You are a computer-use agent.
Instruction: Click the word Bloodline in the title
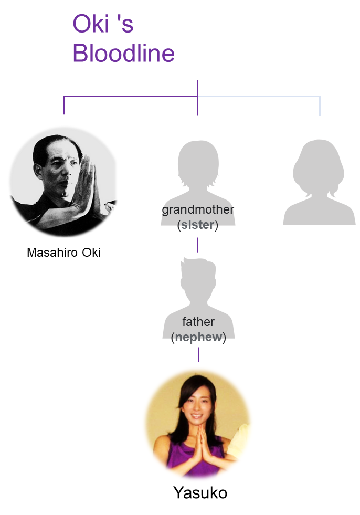[x=123, y=53]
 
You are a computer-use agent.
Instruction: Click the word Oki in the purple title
[x=91, y=24]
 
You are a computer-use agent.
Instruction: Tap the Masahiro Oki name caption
[x=63, y=253]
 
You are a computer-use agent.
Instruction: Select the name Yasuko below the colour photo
[x=200, y=492]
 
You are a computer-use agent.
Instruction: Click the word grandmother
[x=198, y=209]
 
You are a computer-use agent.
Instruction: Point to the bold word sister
[x=198, y=225]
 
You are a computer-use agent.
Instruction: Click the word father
[x=198, y=322]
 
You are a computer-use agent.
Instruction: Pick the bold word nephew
[x=199, y=338]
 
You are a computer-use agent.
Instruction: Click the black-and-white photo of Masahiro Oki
[x=63, y=182]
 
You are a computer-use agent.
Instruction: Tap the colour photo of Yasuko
[x=198, y=424]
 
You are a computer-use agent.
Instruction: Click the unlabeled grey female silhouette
[x=319, y=182]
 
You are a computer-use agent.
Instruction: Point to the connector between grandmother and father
[x=197, y=245]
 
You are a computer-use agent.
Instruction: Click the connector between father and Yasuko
[x=198, y=355]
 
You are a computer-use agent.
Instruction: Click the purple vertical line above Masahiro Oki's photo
[x=64, y=106]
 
